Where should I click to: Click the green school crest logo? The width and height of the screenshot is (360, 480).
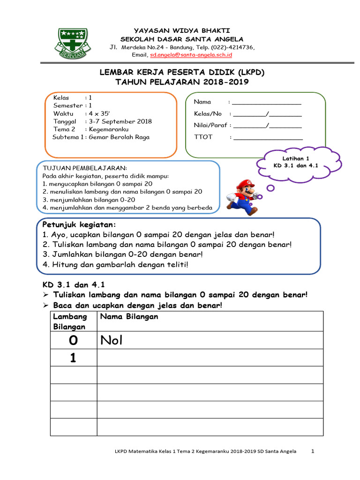point(72,42)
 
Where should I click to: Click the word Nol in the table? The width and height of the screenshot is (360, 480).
point(111,340)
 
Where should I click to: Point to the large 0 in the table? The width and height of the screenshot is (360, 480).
point(73,340)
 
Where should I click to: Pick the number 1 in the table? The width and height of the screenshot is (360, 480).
point(73,358)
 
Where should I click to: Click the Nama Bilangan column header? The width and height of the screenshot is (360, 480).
point(128,317)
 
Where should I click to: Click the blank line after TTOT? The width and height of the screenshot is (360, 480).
point(268,137)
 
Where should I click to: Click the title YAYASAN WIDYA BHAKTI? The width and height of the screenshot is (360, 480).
point(182,30)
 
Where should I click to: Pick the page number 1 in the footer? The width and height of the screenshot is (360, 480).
point(313,451)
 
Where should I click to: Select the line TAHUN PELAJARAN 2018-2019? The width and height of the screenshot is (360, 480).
point(182,82)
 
